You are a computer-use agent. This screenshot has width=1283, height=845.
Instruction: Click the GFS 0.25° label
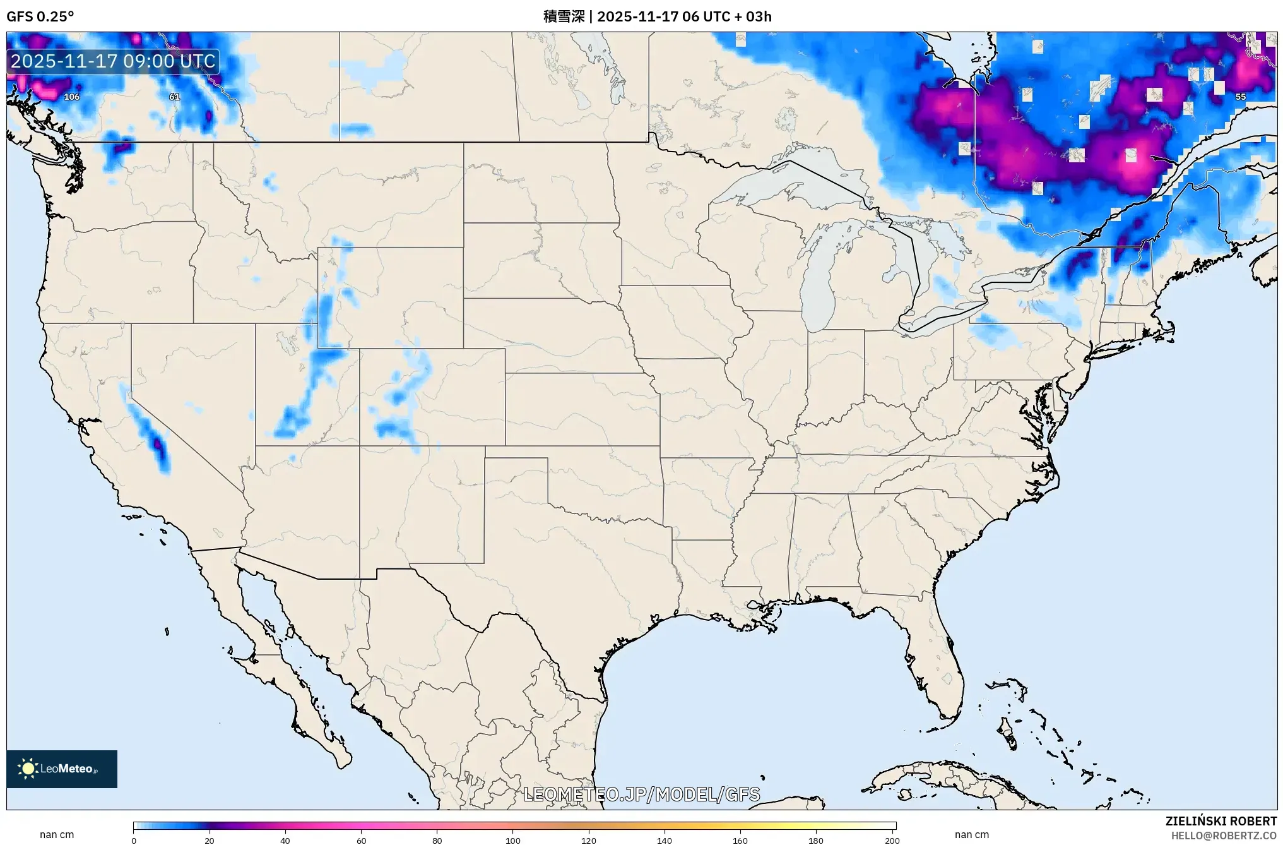click(x=40, y=16)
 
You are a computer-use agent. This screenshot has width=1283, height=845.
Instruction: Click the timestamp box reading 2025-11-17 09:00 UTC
click(x=114, y=61)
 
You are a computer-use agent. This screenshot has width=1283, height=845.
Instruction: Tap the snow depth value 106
click(x=72, y=97)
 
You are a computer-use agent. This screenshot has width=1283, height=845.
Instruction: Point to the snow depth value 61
click(x=175, y=97)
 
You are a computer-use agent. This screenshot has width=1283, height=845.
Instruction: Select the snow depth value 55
click(x=1241, y=97)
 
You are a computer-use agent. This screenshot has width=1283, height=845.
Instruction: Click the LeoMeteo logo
click(x=62, y=769)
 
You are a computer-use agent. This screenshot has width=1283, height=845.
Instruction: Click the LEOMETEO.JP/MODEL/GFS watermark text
click(x=642, y=794)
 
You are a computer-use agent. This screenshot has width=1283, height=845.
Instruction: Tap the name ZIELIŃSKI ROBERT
click(x=1221, y=821)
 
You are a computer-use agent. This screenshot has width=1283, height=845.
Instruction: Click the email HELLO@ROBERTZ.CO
click(x=1224, y=836)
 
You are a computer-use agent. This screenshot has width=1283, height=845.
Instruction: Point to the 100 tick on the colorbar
click(x=513, y=840)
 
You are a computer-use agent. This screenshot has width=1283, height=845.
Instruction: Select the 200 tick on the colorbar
click(x=892, y=840)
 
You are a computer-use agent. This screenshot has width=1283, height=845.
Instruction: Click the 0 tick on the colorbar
click(x=134, y=840)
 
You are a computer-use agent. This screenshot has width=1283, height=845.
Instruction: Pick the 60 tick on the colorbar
click(x=361, y=840)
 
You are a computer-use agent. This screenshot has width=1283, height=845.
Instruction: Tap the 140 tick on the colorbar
click(x=665, y=840)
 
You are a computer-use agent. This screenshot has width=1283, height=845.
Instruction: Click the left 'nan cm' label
click(x=57, y=834)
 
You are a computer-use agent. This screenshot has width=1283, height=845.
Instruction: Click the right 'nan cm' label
click(x=971, y=834)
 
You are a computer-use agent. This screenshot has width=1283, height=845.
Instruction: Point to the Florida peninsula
click(x=934, y=657)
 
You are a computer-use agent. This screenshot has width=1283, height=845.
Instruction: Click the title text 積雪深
click(x=564, y=16)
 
